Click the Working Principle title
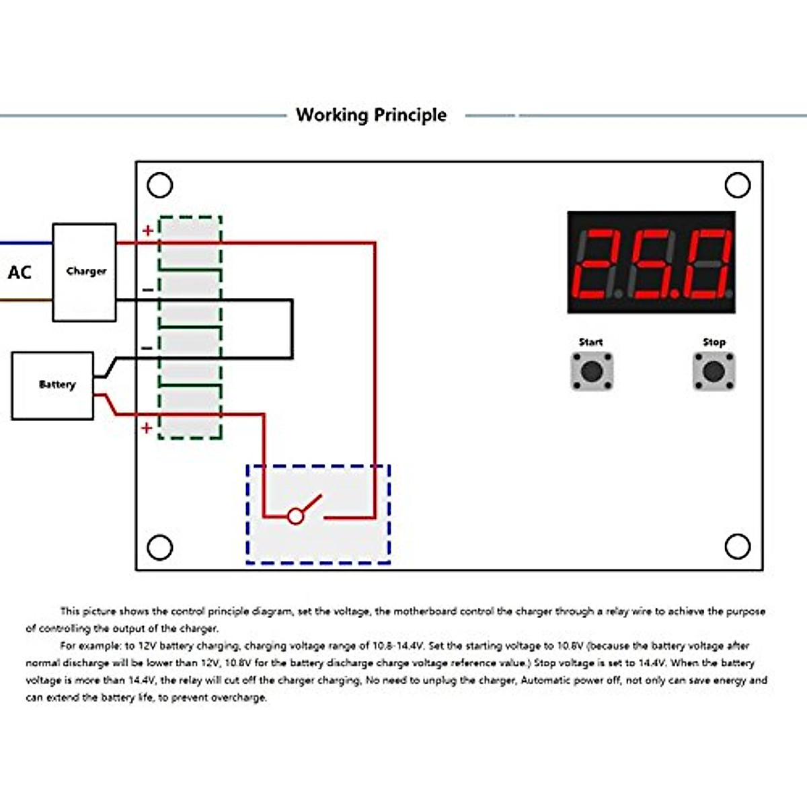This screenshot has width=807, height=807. pyautogui.click(x=371, y=115)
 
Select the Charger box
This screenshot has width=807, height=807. pyautogui.click(x=85, y=272)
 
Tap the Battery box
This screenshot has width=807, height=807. pyautogui.click(x=53, y=385)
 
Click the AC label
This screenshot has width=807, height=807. pyautogui.click(x=20, y=272)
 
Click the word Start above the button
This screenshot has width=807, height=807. pyautogui.click(x=590, y=342)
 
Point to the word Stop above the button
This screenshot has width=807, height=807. pyautogui.click(x=714, y=342)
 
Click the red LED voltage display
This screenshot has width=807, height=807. pyautogui.click(x=651, y=262)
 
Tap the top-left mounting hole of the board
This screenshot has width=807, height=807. pyautogui.click(x=160, y=185)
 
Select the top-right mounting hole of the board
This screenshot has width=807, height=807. pyautogui.click(x=737, y=185)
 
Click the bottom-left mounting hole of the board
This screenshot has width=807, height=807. pyautogui.click(x=160, y=547)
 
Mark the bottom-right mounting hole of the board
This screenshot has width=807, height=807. pyautogui.click(x=737, y=546)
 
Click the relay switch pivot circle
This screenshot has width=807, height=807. pyautogui.click(x=295, y=516)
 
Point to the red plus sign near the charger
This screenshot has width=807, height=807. pyautogui.click(x=148, y=231)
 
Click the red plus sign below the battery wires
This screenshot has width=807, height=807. pyautogui.click(x=147, y=428)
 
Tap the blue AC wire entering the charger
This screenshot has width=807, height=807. pyautogui.click(x=26, y=243)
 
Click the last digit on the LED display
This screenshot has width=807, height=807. pyautogui.click(x=706, y=264)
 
